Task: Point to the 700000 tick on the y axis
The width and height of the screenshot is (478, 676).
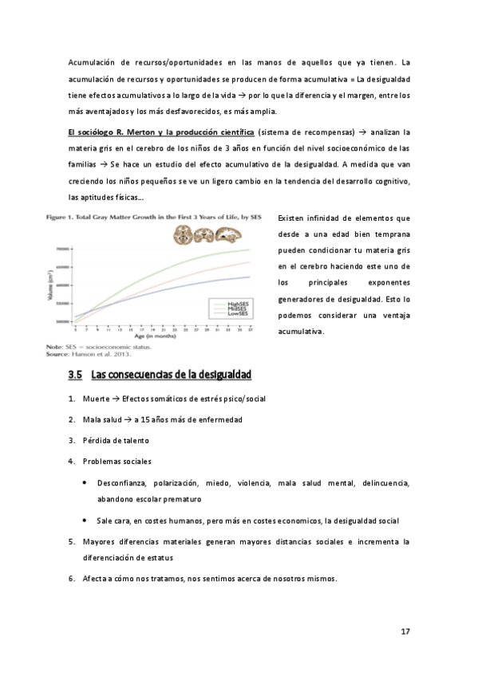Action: tap(61, 250)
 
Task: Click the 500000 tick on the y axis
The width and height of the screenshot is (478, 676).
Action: tap(61, 321)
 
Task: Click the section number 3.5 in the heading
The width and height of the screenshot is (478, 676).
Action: tap(76, 374)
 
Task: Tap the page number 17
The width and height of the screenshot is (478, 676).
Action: tap(405, 631)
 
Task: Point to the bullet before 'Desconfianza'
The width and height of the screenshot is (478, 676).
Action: tap(85, 483)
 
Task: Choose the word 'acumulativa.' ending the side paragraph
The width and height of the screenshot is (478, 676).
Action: tap(299, 330)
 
